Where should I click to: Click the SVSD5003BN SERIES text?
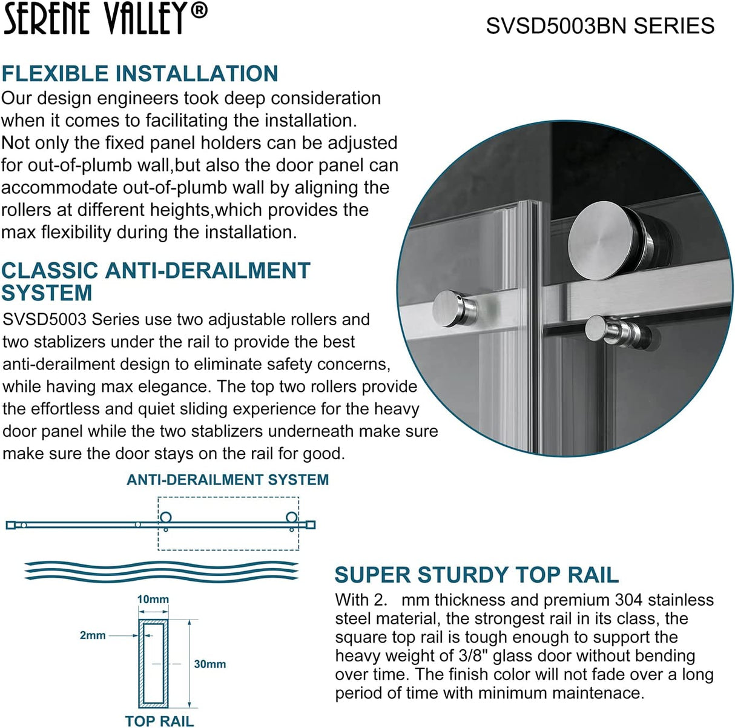pyautogui.click(x=600, y=26)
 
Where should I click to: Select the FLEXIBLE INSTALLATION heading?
pyautogui.click(x=140, y=74)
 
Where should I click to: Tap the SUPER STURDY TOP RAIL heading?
pyautogui.click(x=476, y=574)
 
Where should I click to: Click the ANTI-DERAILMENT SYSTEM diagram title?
pyautogui.click(x=228, y=480)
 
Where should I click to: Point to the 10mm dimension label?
pyautogui.click(x=153, y=599)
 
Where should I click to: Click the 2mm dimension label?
pyautogui.click(x=93, y=635)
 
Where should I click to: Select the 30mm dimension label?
pyautogui.click(x=209, y=664)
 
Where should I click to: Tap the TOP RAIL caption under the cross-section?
pyautogui.click(x=159, y=721)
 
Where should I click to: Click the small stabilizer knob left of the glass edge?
pyautogui.click(x=453, y=308)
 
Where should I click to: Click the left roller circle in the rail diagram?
pyautogui.click(x=165, y=518)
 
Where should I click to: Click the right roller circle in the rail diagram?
pyautogui.click(x=292, y=518)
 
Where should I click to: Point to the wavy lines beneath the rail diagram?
pyautogui.click(x=161, y=571)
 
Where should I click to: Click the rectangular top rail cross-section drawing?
pyautogui.click(x=154, y=663)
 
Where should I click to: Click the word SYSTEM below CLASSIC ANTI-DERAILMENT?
pyautogui.click(x=47, y=293)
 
